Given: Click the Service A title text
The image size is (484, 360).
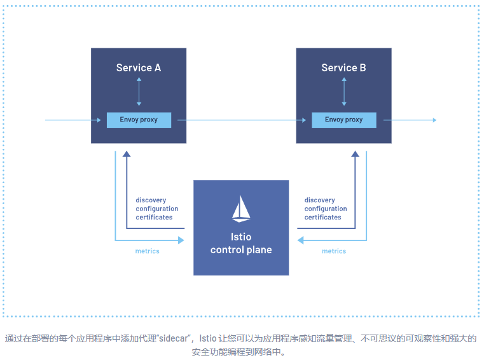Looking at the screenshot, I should [138, 67].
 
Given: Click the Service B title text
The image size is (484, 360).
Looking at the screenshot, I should [343, 67].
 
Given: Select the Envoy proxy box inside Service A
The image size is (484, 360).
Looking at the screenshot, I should [139, 120].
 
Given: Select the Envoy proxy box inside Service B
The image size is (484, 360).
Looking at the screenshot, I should [343, 120].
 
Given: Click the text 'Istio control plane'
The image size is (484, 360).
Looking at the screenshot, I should [241, 244].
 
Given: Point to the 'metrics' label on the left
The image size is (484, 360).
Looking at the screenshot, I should [147, 251].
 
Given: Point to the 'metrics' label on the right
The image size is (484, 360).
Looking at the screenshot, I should [334, 251].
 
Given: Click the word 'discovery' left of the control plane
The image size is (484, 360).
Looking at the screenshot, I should [151, 200].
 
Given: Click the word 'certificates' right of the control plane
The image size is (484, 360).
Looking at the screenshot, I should [322, 218].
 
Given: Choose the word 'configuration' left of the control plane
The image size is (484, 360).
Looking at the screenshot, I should [156, 209].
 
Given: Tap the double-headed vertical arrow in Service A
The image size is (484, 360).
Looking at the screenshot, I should [139, 93].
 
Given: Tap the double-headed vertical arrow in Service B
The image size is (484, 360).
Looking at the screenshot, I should [343, 93].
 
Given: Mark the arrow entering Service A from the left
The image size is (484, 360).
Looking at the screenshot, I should [70, 120].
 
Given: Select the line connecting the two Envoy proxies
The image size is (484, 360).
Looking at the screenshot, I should [242, 120].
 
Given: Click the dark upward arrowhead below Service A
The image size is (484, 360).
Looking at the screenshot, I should [127, 154].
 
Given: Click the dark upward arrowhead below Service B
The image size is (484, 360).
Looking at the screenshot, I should [355, 154].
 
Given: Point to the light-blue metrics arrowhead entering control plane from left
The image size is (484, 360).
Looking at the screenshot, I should [181, 240].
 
